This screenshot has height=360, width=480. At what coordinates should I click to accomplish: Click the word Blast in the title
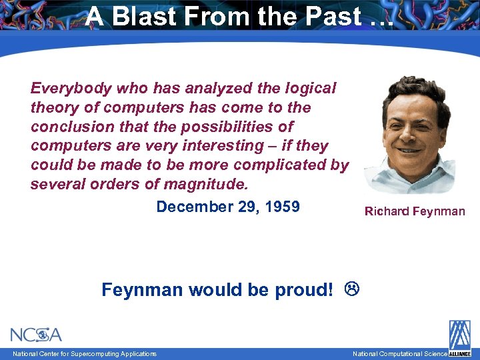point(141,17)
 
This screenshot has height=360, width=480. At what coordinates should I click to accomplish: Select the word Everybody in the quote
point(71,89)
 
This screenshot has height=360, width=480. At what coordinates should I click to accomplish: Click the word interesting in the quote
point(233,145)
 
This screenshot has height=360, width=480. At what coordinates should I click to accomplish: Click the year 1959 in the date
point(282,207)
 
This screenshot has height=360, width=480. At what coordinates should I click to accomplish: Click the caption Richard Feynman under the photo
point(415,212)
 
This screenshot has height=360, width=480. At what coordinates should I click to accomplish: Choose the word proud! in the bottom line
point(304,290)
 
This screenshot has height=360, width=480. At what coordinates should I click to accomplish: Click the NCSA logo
point(36,335)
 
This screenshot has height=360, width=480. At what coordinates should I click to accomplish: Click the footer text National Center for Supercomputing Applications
point(85,353)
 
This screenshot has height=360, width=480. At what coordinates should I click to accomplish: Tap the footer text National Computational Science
point(399,353)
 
